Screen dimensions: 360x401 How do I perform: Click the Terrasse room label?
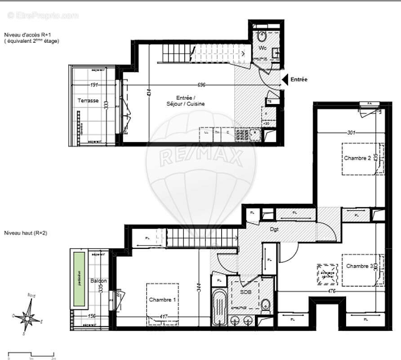88,101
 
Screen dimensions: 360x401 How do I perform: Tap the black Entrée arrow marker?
284,80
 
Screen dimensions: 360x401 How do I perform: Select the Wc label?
262,48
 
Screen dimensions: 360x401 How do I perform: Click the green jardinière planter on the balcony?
79,279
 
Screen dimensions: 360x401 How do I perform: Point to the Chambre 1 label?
163,300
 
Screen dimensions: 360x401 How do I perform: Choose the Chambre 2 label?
357,158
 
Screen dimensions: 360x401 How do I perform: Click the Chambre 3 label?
359,266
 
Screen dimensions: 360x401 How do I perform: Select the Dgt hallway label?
274,229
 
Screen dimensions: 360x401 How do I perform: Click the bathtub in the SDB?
219,308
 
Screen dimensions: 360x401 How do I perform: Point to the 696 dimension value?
201,85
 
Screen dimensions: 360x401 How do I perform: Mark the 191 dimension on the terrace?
94,85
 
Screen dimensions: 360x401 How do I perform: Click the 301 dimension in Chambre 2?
351,133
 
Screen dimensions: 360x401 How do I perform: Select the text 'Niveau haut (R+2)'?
26,233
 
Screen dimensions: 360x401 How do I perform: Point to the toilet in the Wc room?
262,36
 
